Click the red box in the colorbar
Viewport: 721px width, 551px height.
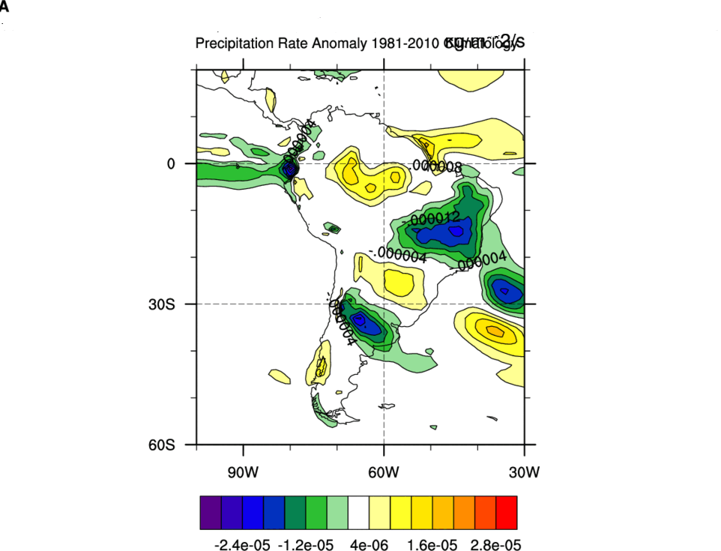coord(507,513)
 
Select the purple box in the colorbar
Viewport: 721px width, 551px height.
coord(211,513)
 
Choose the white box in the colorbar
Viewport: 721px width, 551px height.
coord(359,513)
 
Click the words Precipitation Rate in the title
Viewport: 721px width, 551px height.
coord(242,43)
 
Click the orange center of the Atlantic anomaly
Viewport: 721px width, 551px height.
coord(495,330)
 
